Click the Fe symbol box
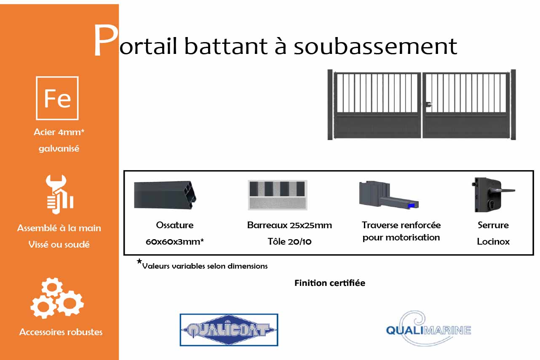pos(57,98)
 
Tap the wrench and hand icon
pos(59,194)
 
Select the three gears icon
pos(57,299)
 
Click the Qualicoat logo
pos(229,330)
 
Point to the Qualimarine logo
pos(428,328)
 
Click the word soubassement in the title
pos(375,46)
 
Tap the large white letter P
pos(105,41)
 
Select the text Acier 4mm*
pos(59,132)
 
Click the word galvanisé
pos(59,149)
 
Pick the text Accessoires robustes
pos(61,332)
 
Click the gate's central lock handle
pos(427,104)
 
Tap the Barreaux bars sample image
pos(277,195)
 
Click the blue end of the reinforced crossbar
pos(412,205)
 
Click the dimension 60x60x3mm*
pos(175,242)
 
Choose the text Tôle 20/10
pos(289,242)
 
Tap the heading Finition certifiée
pos(330,283)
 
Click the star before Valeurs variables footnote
pos(139,261)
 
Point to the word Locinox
pos(493,242)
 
